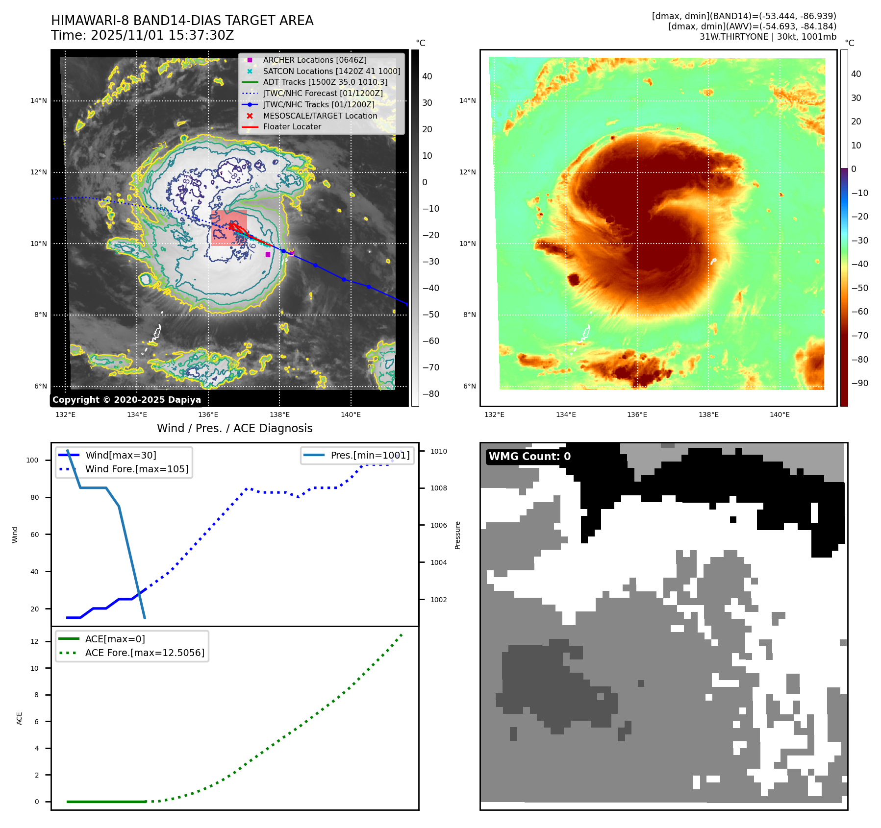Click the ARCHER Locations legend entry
pos(314,60)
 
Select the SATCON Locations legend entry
pos(331,71)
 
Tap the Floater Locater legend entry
pos(292,126)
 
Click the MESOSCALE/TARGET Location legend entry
pos(320,116)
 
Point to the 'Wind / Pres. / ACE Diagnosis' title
pos(234,428)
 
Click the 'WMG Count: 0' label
pos(529,457)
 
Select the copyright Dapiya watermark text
pos(126,400)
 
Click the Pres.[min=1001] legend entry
pos(370,455)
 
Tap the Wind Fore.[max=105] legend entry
pos(136,469)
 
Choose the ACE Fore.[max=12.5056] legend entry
pos(145,653)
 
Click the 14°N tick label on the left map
pos(39,101)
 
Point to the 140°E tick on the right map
pos(780,414)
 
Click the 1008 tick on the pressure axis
pos(439,488)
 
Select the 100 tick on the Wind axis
pos(32,460)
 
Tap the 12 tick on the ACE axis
pos(34,641)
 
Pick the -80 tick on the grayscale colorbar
pos(431,394)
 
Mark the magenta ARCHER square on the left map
pos(268,254)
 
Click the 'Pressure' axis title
pos(457,535)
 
